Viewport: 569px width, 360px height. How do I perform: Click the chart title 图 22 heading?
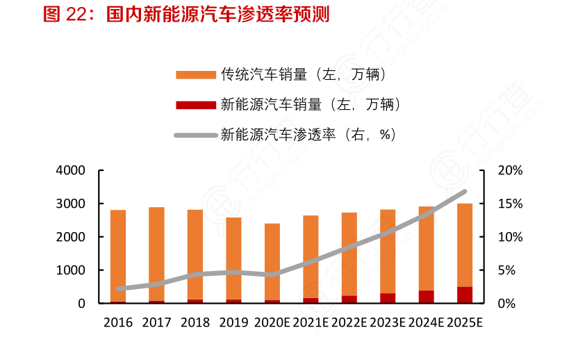186,15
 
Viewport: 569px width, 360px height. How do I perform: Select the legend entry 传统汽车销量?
303,74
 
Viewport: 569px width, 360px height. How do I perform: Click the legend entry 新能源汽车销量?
310,104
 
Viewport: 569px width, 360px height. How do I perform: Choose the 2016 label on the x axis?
118,322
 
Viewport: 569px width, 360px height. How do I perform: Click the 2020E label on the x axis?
272,322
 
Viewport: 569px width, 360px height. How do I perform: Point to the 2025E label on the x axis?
465,322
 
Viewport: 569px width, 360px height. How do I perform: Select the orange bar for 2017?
156,254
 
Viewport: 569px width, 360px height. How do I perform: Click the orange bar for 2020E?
272,261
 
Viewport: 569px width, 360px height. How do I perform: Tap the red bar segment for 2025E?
465,295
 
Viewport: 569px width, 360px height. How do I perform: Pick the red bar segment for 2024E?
426,297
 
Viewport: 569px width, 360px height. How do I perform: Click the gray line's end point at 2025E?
464,191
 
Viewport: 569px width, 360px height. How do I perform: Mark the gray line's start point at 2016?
119,288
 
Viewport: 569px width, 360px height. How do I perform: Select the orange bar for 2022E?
349,254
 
